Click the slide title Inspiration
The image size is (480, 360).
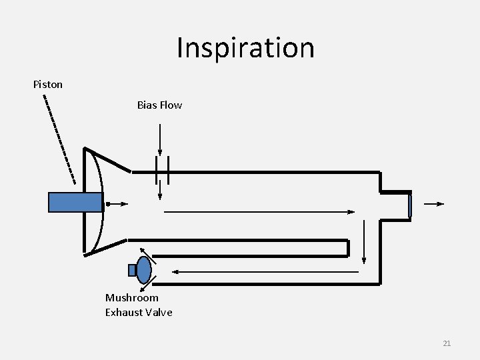pos(245,48)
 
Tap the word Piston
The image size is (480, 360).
pos(48,85)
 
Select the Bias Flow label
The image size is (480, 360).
pos(159,105)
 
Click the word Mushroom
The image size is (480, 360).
pos(132,298)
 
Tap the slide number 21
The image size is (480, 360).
pos(447,343)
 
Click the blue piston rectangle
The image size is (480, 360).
pos(75,202)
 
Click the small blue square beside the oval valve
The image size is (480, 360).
pos(132,270)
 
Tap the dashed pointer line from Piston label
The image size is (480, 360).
pos(59,139)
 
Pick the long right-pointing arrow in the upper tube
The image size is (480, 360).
pos(260,212)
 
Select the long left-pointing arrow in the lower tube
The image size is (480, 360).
pos(267,271)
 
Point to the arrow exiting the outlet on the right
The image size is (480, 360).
pos(433,204)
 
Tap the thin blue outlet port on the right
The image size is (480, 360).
pos(410,205)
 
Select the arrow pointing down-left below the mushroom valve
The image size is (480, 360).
pos(151,282)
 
